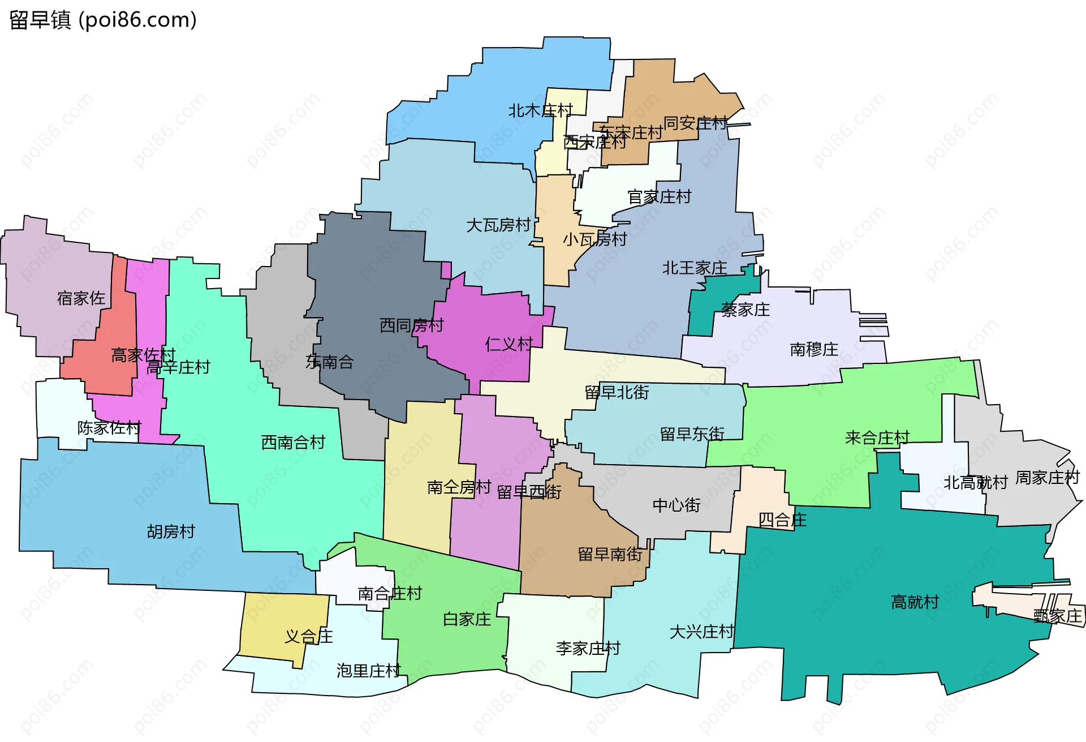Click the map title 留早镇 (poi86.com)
tap(103, 20)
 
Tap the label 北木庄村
tap(540, 110)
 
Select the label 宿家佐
tap(81, 298)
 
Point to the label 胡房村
tap(171, 531)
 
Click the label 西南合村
tap(293, 442)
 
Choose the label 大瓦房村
tap(498, 225)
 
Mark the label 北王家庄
tap(695, 268)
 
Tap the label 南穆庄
tap(814, 349)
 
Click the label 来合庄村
tap(877, 438)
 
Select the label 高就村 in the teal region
tap(915, 602)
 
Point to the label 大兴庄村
tap(701, 632)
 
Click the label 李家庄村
tap(588, 648)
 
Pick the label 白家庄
tap(467, 619)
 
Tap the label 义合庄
tap(308, 636)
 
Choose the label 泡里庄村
tap(368, 671)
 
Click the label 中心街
tap(676, 505)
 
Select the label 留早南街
tap(610, 554)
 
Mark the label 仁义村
tap(509, 344)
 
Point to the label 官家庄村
tap(660, 197)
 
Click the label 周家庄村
tap(1048, 478)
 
